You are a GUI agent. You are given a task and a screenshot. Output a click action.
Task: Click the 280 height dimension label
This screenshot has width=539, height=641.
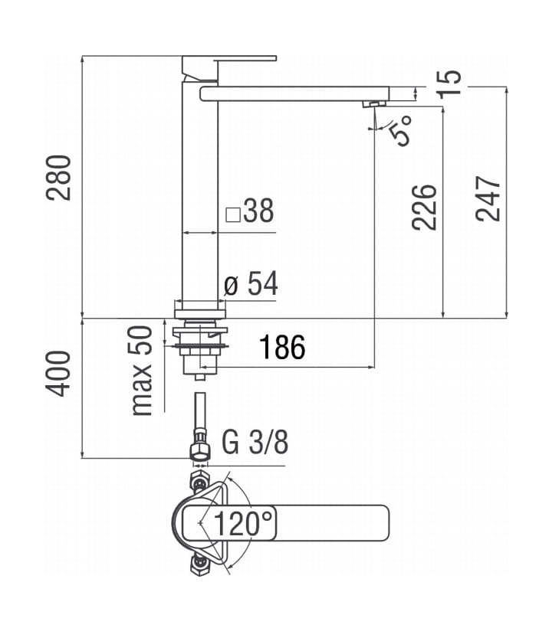point(58,178)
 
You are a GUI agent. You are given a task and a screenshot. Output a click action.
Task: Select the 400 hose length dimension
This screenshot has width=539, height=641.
point(58,373)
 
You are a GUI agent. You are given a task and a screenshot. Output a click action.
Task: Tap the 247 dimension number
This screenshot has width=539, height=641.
point(488,199)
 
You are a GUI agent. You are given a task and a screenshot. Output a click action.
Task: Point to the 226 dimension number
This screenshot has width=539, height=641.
point(425,208)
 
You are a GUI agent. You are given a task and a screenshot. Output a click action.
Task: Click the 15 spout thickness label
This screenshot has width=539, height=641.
point(449,83)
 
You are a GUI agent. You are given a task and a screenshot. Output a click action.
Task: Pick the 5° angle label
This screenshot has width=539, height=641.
point(399,130)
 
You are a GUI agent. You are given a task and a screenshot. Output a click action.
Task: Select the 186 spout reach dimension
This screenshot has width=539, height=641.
point(282,348)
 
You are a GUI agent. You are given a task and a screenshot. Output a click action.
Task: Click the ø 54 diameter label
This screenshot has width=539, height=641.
point(251,283)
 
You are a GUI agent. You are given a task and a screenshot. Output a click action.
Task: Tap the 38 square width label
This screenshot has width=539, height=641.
point(258,211)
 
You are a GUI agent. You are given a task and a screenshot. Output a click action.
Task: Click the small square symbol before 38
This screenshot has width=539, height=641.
point(233,214)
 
